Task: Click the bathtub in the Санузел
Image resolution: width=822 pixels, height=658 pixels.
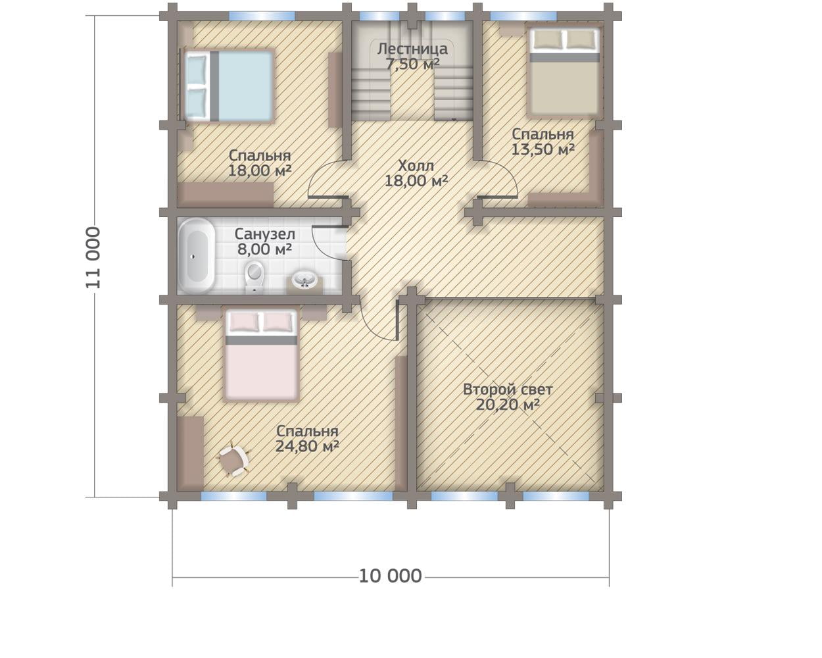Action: pyautogui.click(x=197, y=256)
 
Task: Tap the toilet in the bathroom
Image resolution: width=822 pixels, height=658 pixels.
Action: pyautogui.click(x=254, y=276)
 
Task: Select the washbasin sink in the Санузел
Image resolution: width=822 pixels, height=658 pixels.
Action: pyautogui.click(x=304, y=280)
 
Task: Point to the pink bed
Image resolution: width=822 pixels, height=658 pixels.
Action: pyautogui.click(x=261, y=355)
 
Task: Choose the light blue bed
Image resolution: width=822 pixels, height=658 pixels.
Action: pyautogui.click(x=230, y=86)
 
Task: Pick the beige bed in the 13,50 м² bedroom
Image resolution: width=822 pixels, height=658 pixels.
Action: pyautogui.click(x=564, y=72)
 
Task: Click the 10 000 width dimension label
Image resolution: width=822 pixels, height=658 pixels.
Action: pyautogui.click(x=391, y=576)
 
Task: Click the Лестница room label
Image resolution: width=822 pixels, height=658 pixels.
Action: pyautogui.click(x=412, y=49)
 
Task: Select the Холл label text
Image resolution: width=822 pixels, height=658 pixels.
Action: pyautogui.click(x=416, y=166)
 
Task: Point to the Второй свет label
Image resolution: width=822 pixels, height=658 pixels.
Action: pyautogui.click(x=508, y=390)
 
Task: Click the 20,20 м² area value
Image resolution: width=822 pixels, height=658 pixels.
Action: pyautogui.click(x=508, y=405)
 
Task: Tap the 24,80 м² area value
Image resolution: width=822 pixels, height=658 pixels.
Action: pyautogui.click(x=307, y=446)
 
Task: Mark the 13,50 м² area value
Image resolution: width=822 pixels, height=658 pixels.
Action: pyautogui.click(x=543, y=149)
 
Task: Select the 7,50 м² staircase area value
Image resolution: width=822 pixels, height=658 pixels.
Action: pyautogui.click(x=412, y=64)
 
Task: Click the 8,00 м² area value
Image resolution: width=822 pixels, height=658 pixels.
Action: pyautogui.click(x=265, y=249)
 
